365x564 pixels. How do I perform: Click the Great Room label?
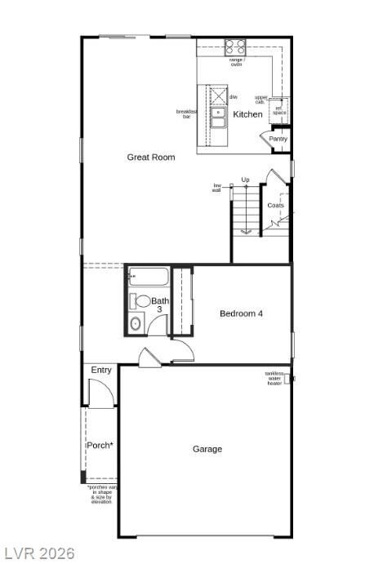151,157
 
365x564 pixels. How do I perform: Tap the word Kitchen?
248,114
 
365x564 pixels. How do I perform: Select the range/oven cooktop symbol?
235,47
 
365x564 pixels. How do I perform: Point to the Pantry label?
278,139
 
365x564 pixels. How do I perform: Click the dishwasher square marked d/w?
218,95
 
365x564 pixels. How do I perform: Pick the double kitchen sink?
218,118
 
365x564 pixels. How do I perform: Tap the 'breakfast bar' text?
187,114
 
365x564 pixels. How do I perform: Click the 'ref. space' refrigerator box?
279,111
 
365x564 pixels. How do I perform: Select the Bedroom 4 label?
242,313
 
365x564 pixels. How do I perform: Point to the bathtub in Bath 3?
148,277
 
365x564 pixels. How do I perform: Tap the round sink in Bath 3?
136,324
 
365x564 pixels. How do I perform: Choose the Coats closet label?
276,205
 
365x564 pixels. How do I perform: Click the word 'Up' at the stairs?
245,180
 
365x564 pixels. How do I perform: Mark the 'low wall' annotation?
217,187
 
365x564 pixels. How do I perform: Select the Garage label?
207,449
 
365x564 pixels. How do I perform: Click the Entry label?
101,370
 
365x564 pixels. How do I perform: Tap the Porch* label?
100,445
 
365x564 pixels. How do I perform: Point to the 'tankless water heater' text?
274,378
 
